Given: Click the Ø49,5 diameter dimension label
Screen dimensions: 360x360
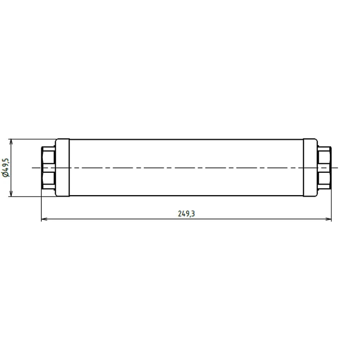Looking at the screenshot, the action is (6, 168).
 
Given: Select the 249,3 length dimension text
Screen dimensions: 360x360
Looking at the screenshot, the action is (186, 214).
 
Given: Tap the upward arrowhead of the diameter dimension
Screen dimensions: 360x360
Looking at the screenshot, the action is (11, 141).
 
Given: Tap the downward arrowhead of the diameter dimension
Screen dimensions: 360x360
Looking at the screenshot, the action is (11, 194).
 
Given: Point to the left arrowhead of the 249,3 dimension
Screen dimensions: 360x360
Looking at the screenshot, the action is (44, 219).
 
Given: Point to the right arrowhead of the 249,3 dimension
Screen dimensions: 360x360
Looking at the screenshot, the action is (329, 219).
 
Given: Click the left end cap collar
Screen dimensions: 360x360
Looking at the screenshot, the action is (62, 168).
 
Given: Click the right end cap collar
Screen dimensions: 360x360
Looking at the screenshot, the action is (310, 168).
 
